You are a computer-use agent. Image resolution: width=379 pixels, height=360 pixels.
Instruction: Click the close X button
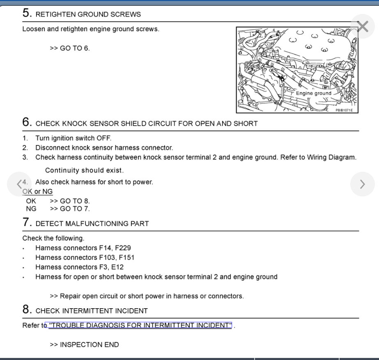pyautogui.click(x=363, y=27)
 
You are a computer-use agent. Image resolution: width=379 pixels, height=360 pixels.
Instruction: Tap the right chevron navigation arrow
pyautogui.click(x=362, y=184)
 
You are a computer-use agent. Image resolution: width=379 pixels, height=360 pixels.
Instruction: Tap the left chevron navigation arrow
pyautogui.click(x=19, y=184)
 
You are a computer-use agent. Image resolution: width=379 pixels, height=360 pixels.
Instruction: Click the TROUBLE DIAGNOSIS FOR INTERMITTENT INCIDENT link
pyautogui.click(x=140, y=325)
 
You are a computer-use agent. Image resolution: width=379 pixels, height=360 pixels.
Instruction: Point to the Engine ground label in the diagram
pyautogui.click(x=313, y=93)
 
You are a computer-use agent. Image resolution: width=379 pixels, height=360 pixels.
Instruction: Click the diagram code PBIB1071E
pyautogui.click(x=344, y=110)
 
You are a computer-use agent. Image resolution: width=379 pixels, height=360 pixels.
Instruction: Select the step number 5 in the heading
pyautogui.click(x=27, y=13)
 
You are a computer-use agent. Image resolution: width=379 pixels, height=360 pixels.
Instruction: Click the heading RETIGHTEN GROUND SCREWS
pyautogui.click(x=88, y=14)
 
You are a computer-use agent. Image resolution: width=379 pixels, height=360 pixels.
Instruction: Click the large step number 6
pyautogui.click(x=27, y=122)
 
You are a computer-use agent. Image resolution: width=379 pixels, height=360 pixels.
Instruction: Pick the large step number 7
pyautogui.click(x=27, y=223)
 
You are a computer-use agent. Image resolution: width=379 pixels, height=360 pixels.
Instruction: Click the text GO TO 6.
pyautogui.click(x=75, y=48)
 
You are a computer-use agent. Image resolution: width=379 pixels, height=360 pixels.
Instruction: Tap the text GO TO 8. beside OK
pyautogui.click(x=75, y=201)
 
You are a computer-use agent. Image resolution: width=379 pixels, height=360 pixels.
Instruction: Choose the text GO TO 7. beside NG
pyautogui.click(x=75, y=209)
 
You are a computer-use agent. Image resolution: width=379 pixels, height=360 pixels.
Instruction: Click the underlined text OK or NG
pyautogui.click(x=38, y=192)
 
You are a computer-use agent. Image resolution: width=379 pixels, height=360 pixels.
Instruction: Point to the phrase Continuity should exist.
pyautogui.click(x=84, y=170)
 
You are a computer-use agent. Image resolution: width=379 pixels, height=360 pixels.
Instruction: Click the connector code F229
pyautogui.click(x=123, y=248)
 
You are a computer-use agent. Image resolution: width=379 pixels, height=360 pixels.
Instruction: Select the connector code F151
pyautogui.click(x=126, y=258)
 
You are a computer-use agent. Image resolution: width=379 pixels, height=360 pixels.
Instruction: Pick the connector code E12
pyautogui.click(x=119, y=267)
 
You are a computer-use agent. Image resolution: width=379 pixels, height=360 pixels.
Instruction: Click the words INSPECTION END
pyautogui.click(x=90, y=344)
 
